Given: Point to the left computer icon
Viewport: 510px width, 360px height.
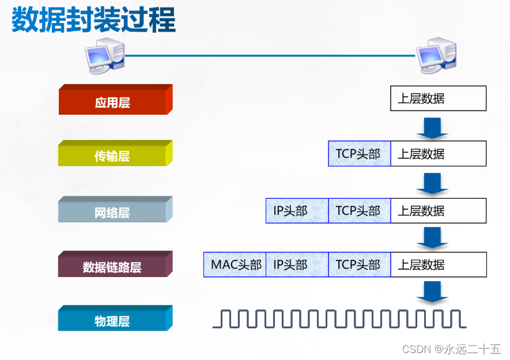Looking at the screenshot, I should [104, 56].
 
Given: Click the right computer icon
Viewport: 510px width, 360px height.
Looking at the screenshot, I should [436, 56].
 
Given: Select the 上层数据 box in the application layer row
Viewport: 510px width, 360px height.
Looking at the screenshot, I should [438, 98].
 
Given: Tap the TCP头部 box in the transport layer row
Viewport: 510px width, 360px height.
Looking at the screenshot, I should [359, 154].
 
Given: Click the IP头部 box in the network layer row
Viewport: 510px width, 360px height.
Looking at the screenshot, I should [297, 211].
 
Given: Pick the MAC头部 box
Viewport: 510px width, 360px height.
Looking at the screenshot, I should [235, 264].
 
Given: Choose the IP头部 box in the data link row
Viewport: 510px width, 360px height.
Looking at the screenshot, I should [297, 264].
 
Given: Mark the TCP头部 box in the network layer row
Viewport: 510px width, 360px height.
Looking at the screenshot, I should [359, 211].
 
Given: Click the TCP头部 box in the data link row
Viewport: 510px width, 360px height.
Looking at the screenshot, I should [359, 264].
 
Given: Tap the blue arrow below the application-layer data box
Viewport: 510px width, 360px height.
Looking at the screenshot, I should [432, 128].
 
